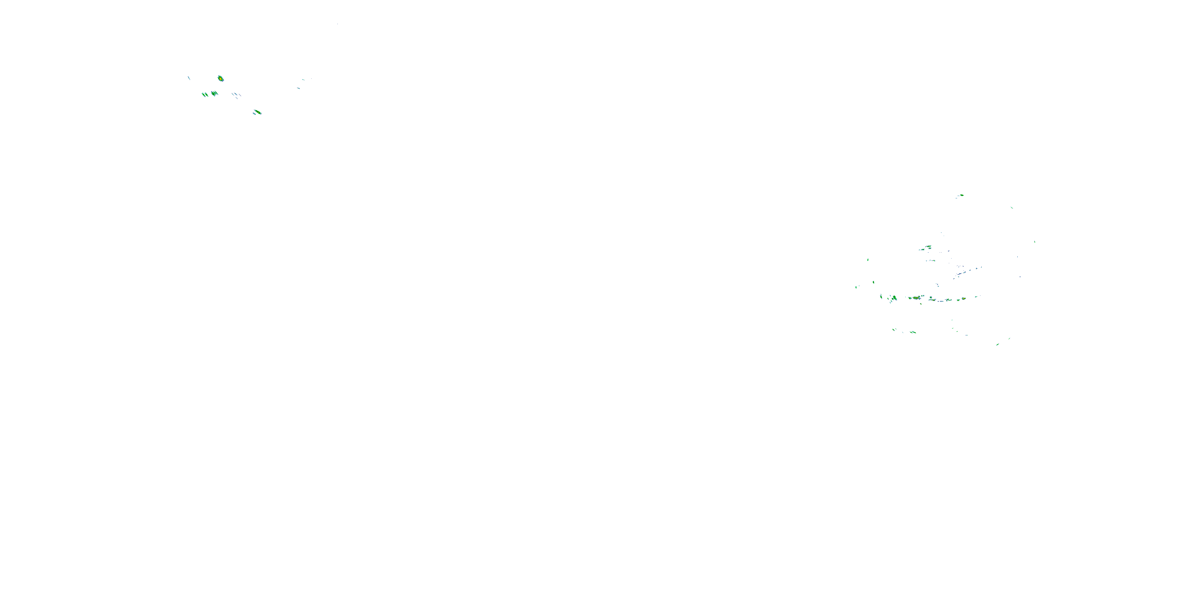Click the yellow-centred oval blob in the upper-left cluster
coord(221,79)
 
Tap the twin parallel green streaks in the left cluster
coord(204,95)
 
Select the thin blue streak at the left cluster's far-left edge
coord(189,78)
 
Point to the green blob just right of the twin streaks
coord(214,93)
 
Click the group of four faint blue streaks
coord(236,95)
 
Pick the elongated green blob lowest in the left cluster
coord(257,112)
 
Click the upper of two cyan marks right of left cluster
coord(303,80)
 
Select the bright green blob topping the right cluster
coord(961,195)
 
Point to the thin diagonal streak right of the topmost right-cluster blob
coord(1012,208)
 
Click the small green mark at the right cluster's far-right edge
coord(1035,242)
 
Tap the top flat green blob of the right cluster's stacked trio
coord(928,247)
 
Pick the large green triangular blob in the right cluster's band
coord(894,298)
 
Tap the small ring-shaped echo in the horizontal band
coord(931,298)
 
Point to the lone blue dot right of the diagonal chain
coord(1020,277)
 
